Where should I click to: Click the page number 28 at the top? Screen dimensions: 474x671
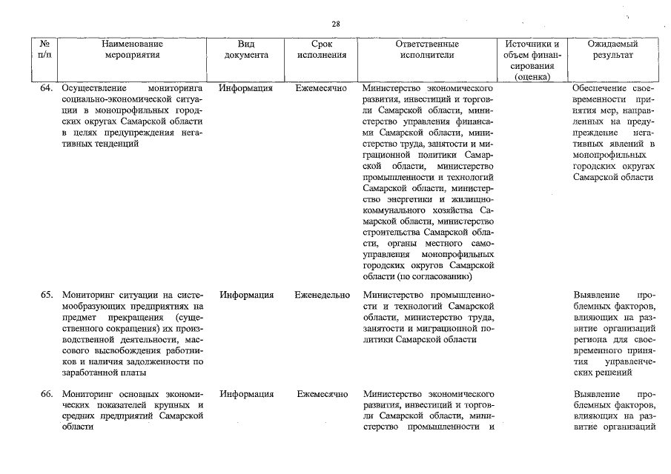[336, 24]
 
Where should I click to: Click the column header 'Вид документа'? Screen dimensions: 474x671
[246, 50]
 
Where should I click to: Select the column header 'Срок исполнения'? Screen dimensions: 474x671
[321, 50]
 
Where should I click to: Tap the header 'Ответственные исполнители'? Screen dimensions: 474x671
[426, 50]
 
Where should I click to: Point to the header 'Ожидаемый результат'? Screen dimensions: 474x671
[612, 50]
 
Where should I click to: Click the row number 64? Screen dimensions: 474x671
[47, 88]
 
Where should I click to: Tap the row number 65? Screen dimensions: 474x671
[47, 295]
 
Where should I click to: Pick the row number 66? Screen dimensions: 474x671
[47, 394]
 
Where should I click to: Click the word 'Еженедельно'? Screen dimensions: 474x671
[322, 295]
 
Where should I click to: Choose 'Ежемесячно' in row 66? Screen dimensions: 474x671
[322, 394]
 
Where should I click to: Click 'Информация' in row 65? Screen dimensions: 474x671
[246, 295]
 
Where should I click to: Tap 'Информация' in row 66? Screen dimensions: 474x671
[246, 394]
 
